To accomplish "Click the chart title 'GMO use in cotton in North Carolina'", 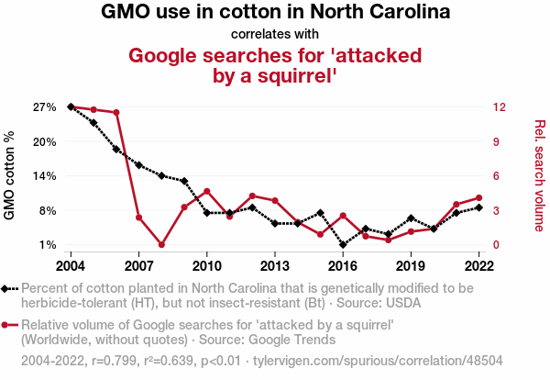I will [x=275, y=13].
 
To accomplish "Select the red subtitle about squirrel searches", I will [x=275, y=65].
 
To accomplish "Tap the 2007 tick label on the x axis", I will [x=138, y=265].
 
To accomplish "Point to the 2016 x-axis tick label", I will [x=343, y=265].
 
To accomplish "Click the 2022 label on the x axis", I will [x=479, y=265].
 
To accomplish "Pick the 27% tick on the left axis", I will [x=45, y=107].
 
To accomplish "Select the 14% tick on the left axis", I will [x=45, y=176].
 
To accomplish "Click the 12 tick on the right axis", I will [x=498, y=107].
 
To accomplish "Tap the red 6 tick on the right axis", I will [x=495, y=176].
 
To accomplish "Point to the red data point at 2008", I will [x=161, y=245].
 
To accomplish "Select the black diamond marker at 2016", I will [x=343, y=245].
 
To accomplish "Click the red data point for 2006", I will [x=116, y=113].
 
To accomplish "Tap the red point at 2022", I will [x=479, y=197].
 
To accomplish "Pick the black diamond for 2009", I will [x=184, y=181].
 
